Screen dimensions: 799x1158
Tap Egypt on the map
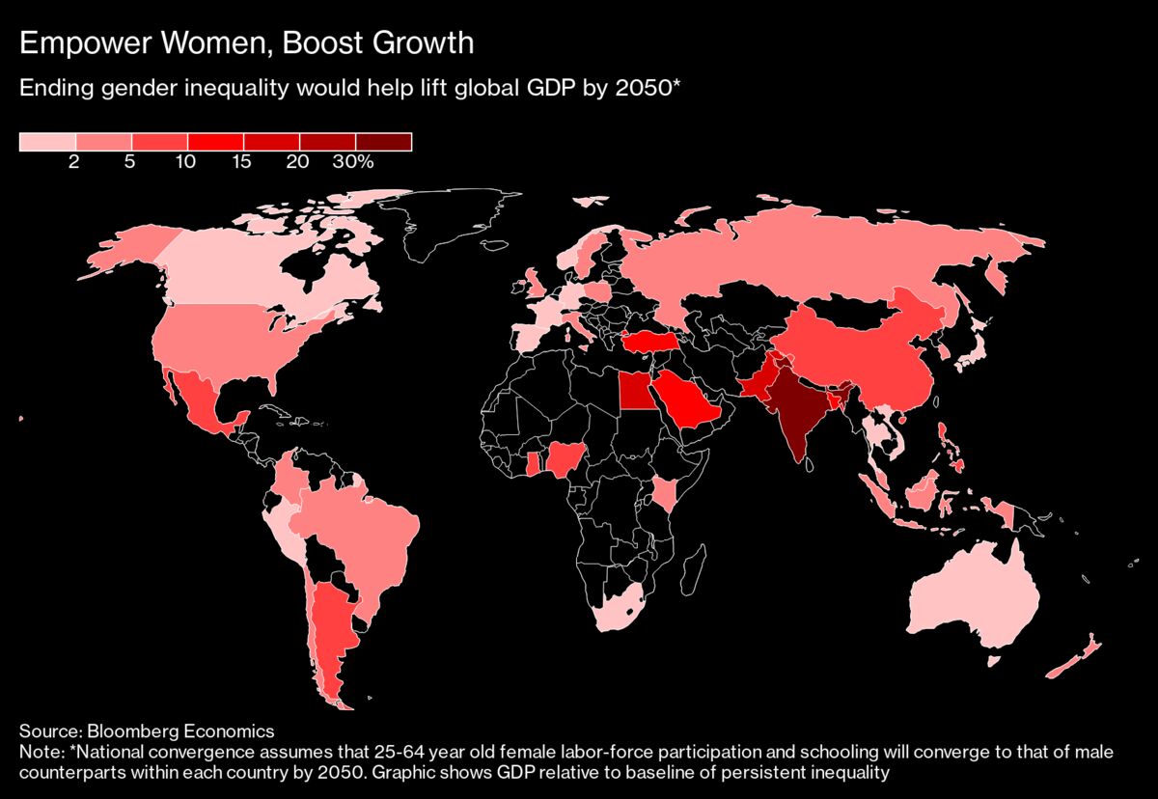point(633,392)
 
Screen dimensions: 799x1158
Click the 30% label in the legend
point(352,162)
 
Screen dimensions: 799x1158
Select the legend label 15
point(241,162)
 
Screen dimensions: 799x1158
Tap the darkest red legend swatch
point(384,142)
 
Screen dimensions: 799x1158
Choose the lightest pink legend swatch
point(47,142)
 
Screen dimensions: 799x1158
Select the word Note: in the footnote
point(41,750)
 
